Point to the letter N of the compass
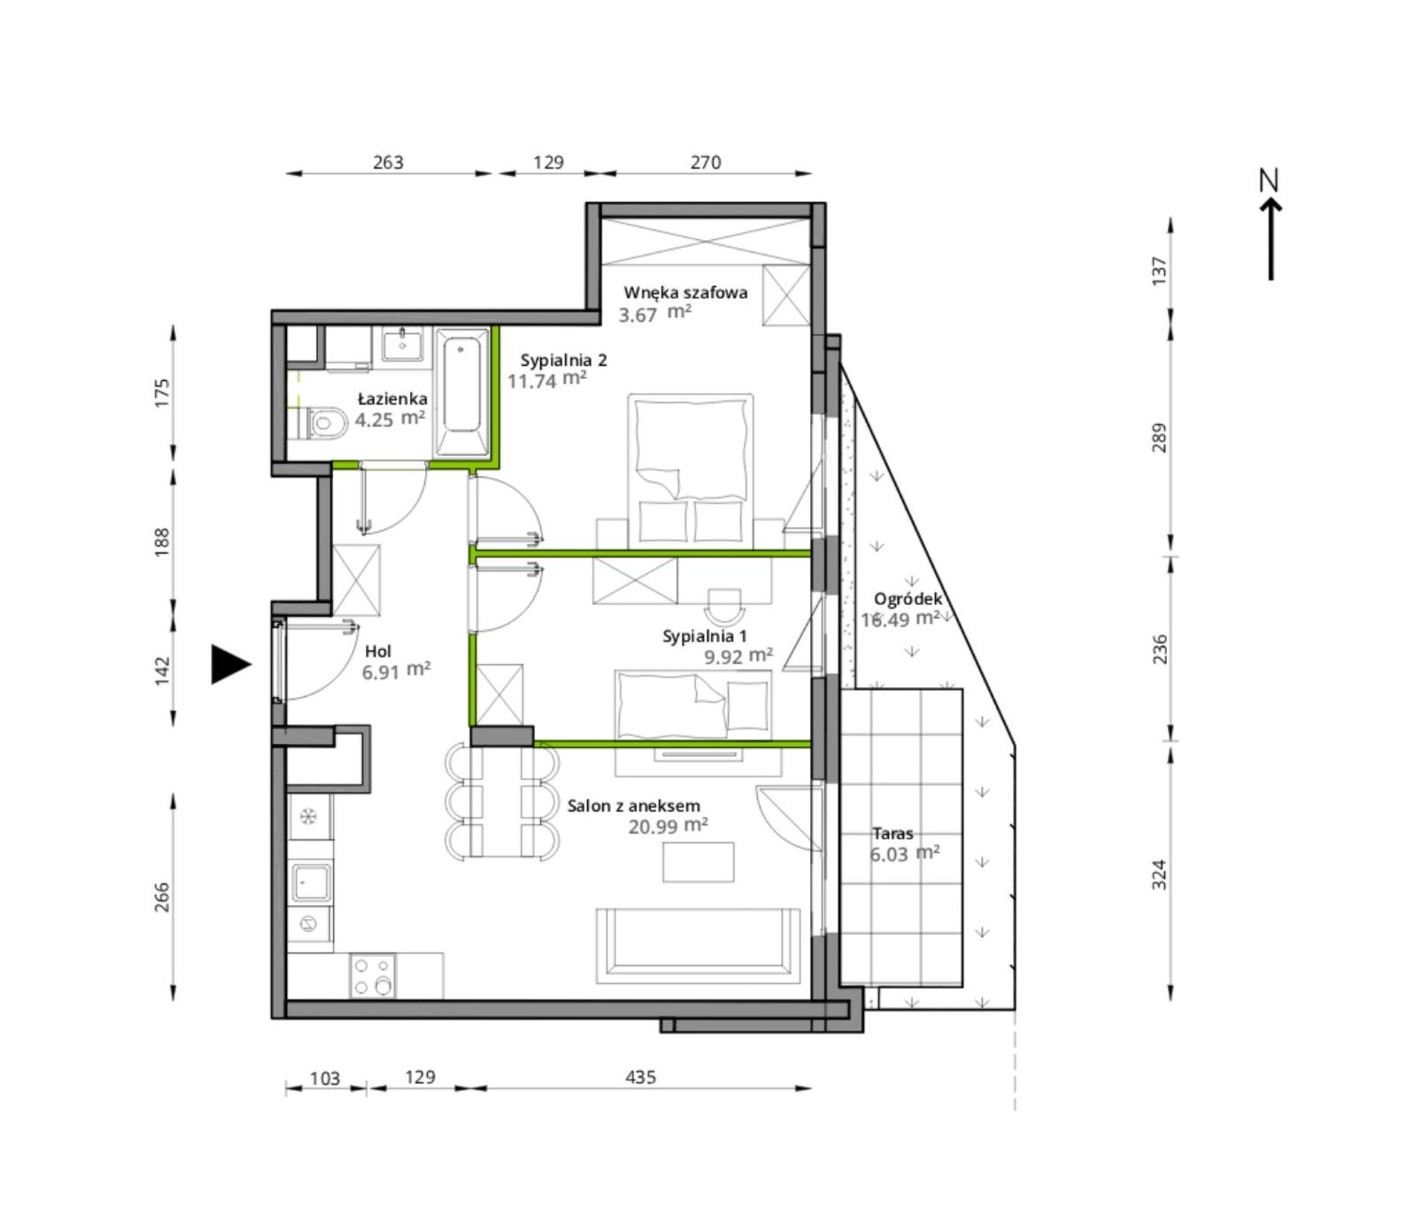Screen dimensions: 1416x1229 [1268, 180]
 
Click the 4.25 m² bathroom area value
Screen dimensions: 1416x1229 [390, 419]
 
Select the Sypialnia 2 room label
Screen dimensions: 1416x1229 [563, 361]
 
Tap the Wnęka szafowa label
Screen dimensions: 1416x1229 [686, 292]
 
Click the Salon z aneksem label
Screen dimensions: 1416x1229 [633, 806]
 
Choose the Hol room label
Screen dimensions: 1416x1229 [378, 651]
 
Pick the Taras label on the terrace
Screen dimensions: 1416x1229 [893, 833]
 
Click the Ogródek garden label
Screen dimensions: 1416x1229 [908, 598]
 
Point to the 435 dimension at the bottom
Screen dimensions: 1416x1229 [641, 1077]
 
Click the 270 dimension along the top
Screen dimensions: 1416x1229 [706, 162]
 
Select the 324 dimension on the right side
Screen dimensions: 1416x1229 [1159, 874]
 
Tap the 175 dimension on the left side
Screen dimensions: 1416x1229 [162, 393]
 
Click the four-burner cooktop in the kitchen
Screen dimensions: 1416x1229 [373, 976]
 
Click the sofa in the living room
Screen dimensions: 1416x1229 [698, 945]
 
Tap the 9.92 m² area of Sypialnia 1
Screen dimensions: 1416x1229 [739, 657]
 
